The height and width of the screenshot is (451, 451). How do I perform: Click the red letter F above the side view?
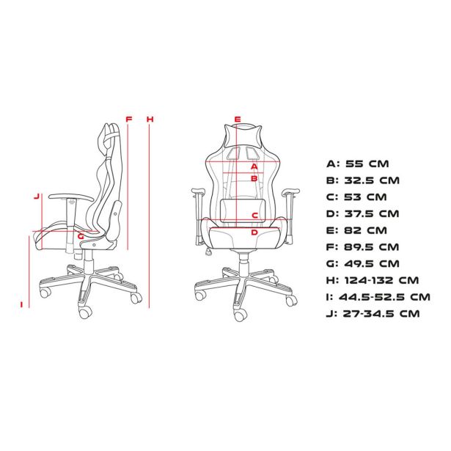129,119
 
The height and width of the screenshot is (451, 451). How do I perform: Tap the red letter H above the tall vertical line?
150,119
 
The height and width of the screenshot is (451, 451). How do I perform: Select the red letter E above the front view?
238,119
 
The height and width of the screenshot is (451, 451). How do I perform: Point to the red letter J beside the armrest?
36,197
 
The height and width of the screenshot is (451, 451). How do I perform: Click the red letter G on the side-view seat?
81,236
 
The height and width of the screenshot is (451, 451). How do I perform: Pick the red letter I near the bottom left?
21,304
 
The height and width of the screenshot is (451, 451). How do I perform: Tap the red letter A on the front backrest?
254,166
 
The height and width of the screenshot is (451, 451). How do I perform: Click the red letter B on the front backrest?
254,179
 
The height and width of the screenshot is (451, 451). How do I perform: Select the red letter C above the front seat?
254,215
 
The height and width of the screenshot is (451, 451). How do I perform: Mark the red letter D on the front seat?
254,232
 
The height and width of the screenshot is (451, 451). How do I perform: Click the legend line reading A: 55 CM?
358,164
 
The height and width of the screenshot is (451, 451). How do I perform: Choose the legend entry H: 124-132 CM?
373,280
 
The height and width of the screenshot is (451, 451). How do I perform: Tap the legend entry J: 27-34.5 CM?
373,314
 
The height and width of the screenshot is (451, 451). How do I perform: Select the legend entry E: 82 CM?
356,230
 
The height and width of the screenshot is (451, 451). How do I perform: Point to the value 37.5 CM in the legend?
372,213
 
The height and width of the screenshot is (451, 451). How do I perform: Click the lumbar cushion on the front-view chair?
242,210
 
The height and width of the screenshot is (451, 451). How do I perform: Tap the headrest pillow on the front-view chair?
243,136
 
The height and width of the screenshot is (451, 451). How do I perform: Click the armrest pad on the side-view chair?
71,197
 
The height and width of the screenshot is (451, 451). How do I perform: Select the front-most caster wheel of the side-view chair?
85,312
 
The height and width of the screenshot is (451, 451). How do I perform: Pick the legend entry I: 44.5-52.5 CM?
378,297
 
